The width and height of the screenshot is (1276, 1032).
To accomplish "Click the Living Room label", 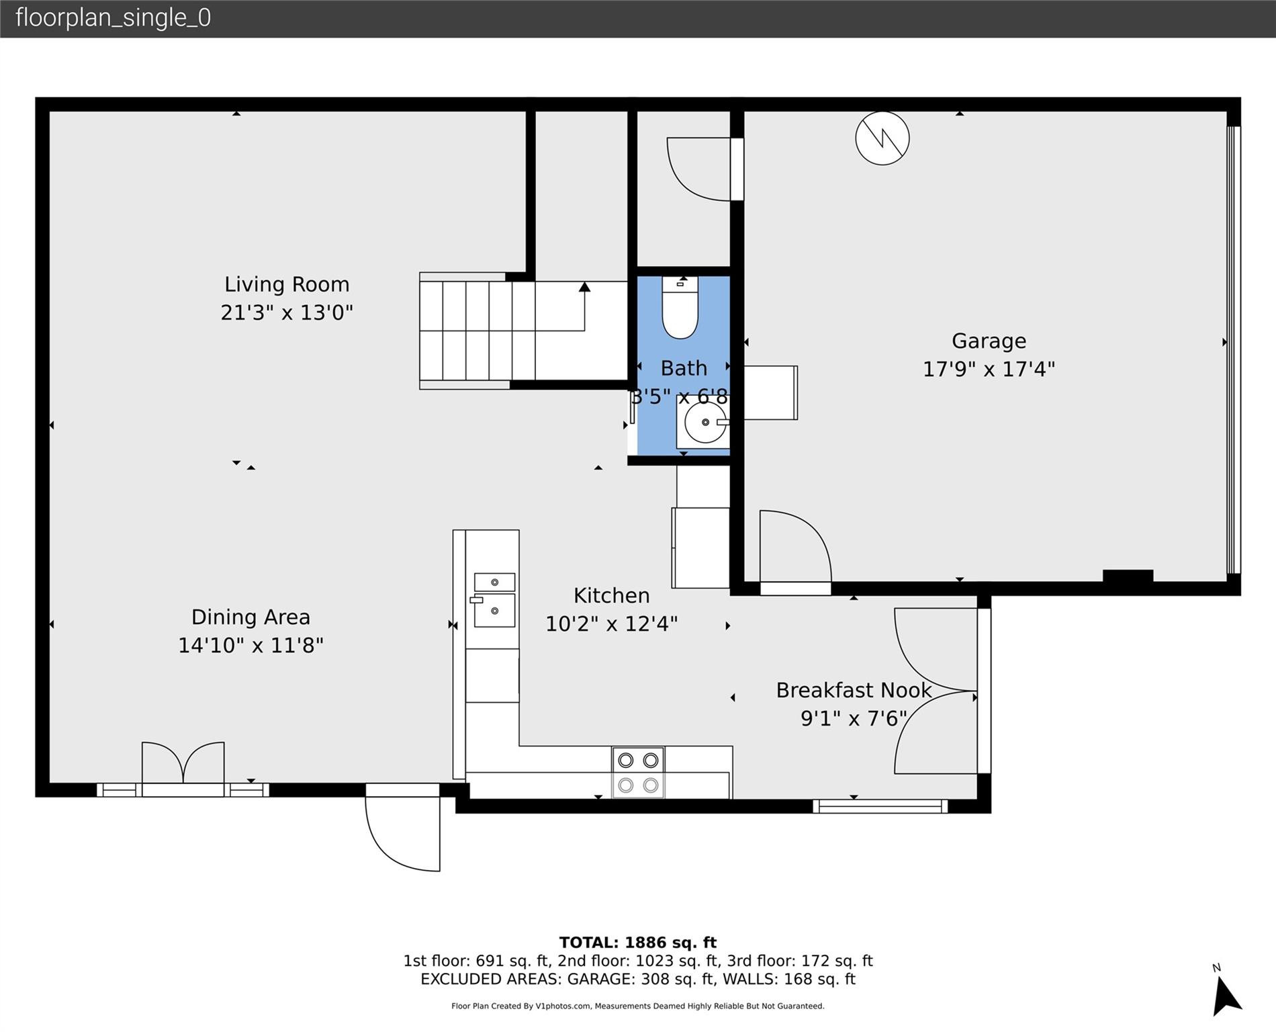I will coord(287,284).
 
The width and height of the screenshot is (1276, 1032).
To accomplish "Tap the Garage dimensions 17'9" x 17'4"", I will coord(989,369).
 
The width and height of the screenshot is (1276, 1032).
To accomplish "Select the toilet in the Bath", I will coord(680,308).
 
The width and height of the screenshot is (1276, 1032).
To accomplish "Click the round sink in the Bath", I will coord(704,423).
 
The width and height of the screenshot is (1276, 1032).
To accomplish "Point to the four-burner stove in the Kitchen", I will coord(638,773).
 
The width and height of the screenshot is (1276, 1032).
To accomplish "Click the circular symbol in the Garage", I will coord(882,138).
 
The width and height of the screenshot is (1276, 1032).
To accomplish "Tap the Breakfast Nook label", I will coord(854,690).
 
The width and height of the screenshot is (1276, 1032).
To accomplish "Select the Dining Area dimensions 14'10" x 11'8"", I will coord(250,645).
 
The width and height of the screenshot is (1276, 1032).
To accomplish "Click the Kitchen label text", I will coord(611,595).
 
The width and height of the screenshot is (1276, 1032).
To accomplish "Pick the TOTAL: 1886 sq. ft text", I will coord(637,942).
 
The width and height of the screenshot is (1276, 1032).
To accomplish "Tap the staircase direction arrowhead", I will coord(584,287).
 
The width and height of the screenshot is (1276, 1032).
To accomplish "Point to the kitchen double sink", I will coord(494,599).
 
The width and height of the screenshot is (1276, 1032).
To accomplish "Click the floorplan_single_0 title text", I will coord(113,17).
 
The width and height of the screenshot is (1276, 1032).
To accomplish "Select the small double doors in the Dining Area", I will coord(183,764).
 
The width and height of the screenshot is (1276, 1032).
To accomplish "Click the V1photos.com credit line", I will coord(637,1006).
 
